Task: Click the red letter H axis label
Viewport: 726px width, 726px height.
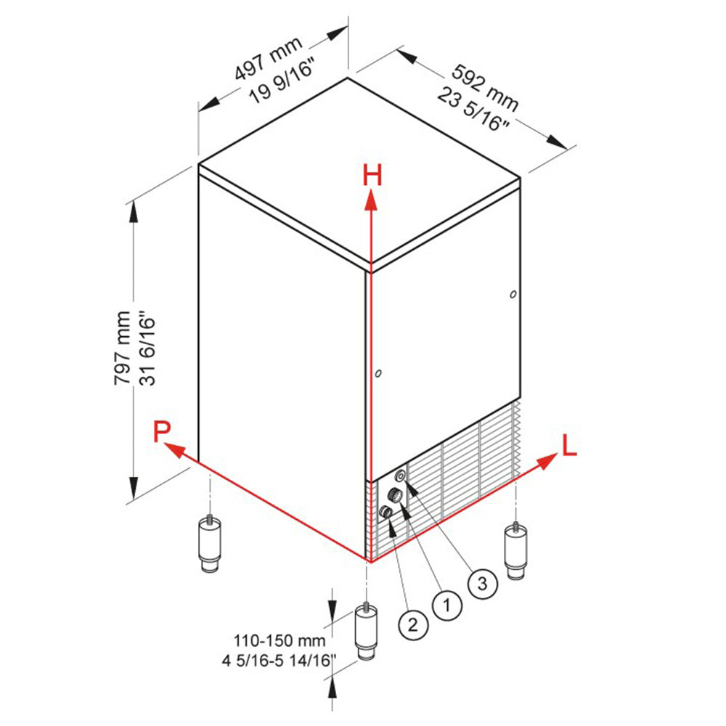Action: [372, 176]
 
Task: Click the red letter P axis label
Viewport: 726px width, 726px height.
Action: [162, 431]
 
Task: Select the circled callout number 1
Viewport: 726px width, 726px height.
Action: [447, 603]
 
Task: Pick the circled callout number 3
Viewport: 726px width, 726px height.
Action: [482, 582]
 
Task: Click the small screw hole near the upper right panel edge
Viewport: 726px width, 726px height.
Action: [513, 294]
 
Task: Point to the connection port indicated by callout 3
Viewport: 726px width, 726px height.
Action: [399, 476]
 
